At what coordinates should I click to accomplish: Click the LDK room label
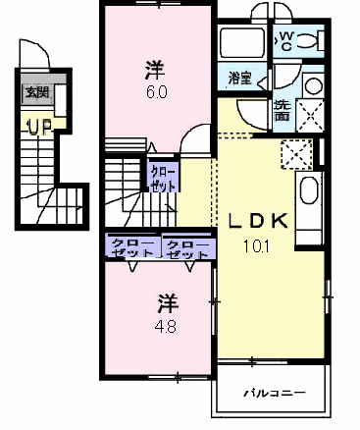(258, 221)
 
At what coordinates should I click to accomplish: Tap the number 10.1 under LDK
(256, 246)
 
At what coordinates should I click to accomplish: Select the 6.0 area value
(156, 92)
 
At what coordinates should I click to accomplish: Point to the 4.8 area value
(166, 326)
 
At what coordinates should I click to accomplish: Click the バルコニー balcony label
(275, 392)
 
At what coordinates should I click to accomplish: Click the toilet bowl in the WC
(307, 40)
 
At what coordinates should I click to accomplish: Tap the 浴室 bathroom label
(239, 79)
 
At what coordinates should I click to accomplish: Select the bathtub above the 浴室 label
(242, 43)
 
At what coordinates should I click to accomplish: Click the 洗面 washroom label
(283, 110)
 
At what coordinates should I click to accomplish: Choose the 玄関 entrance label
(37, 92)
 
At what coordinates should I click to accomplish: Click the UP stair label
(39, 127)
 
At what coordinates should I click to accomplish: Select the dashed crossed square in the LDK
(296, 154)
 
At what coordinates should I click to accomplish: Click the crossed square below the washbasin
(309, 115)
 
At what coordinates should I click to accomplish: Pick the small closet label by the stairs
(162, 180)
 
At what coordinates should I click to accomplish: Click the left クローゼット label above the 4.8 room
(132, 247)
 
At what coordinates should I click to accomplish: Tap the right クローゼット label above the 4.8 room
(187, 249)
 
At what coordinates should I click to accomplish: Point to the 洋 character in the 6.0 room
(155, 71)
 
